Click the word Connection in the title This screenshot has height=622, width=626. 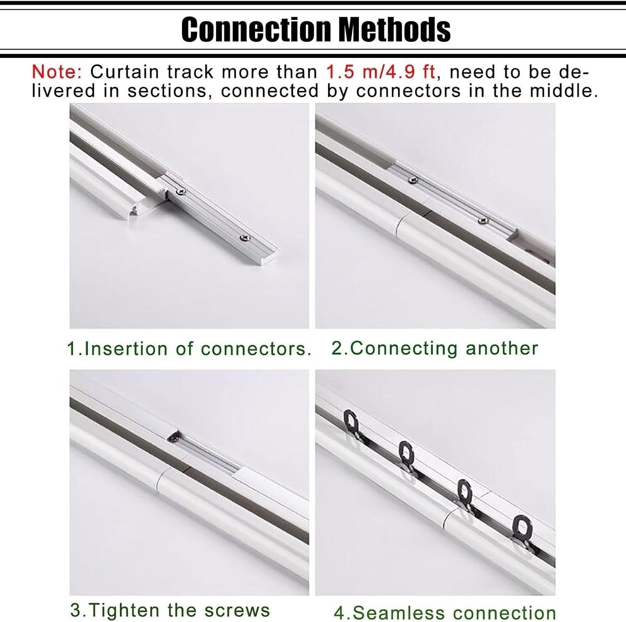tap(255, 29)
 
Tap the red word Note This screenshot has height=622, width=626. tap(57, 72)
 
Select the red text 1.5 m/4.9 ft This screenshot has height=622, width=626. tap(380, 72)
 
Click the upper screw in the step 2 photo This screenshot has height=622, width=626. tap(414, 180)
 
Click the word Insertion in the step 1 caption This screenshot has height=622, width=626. tap(126, 349)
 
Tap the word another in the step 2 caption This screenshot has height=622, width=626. tap(502, 348)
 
